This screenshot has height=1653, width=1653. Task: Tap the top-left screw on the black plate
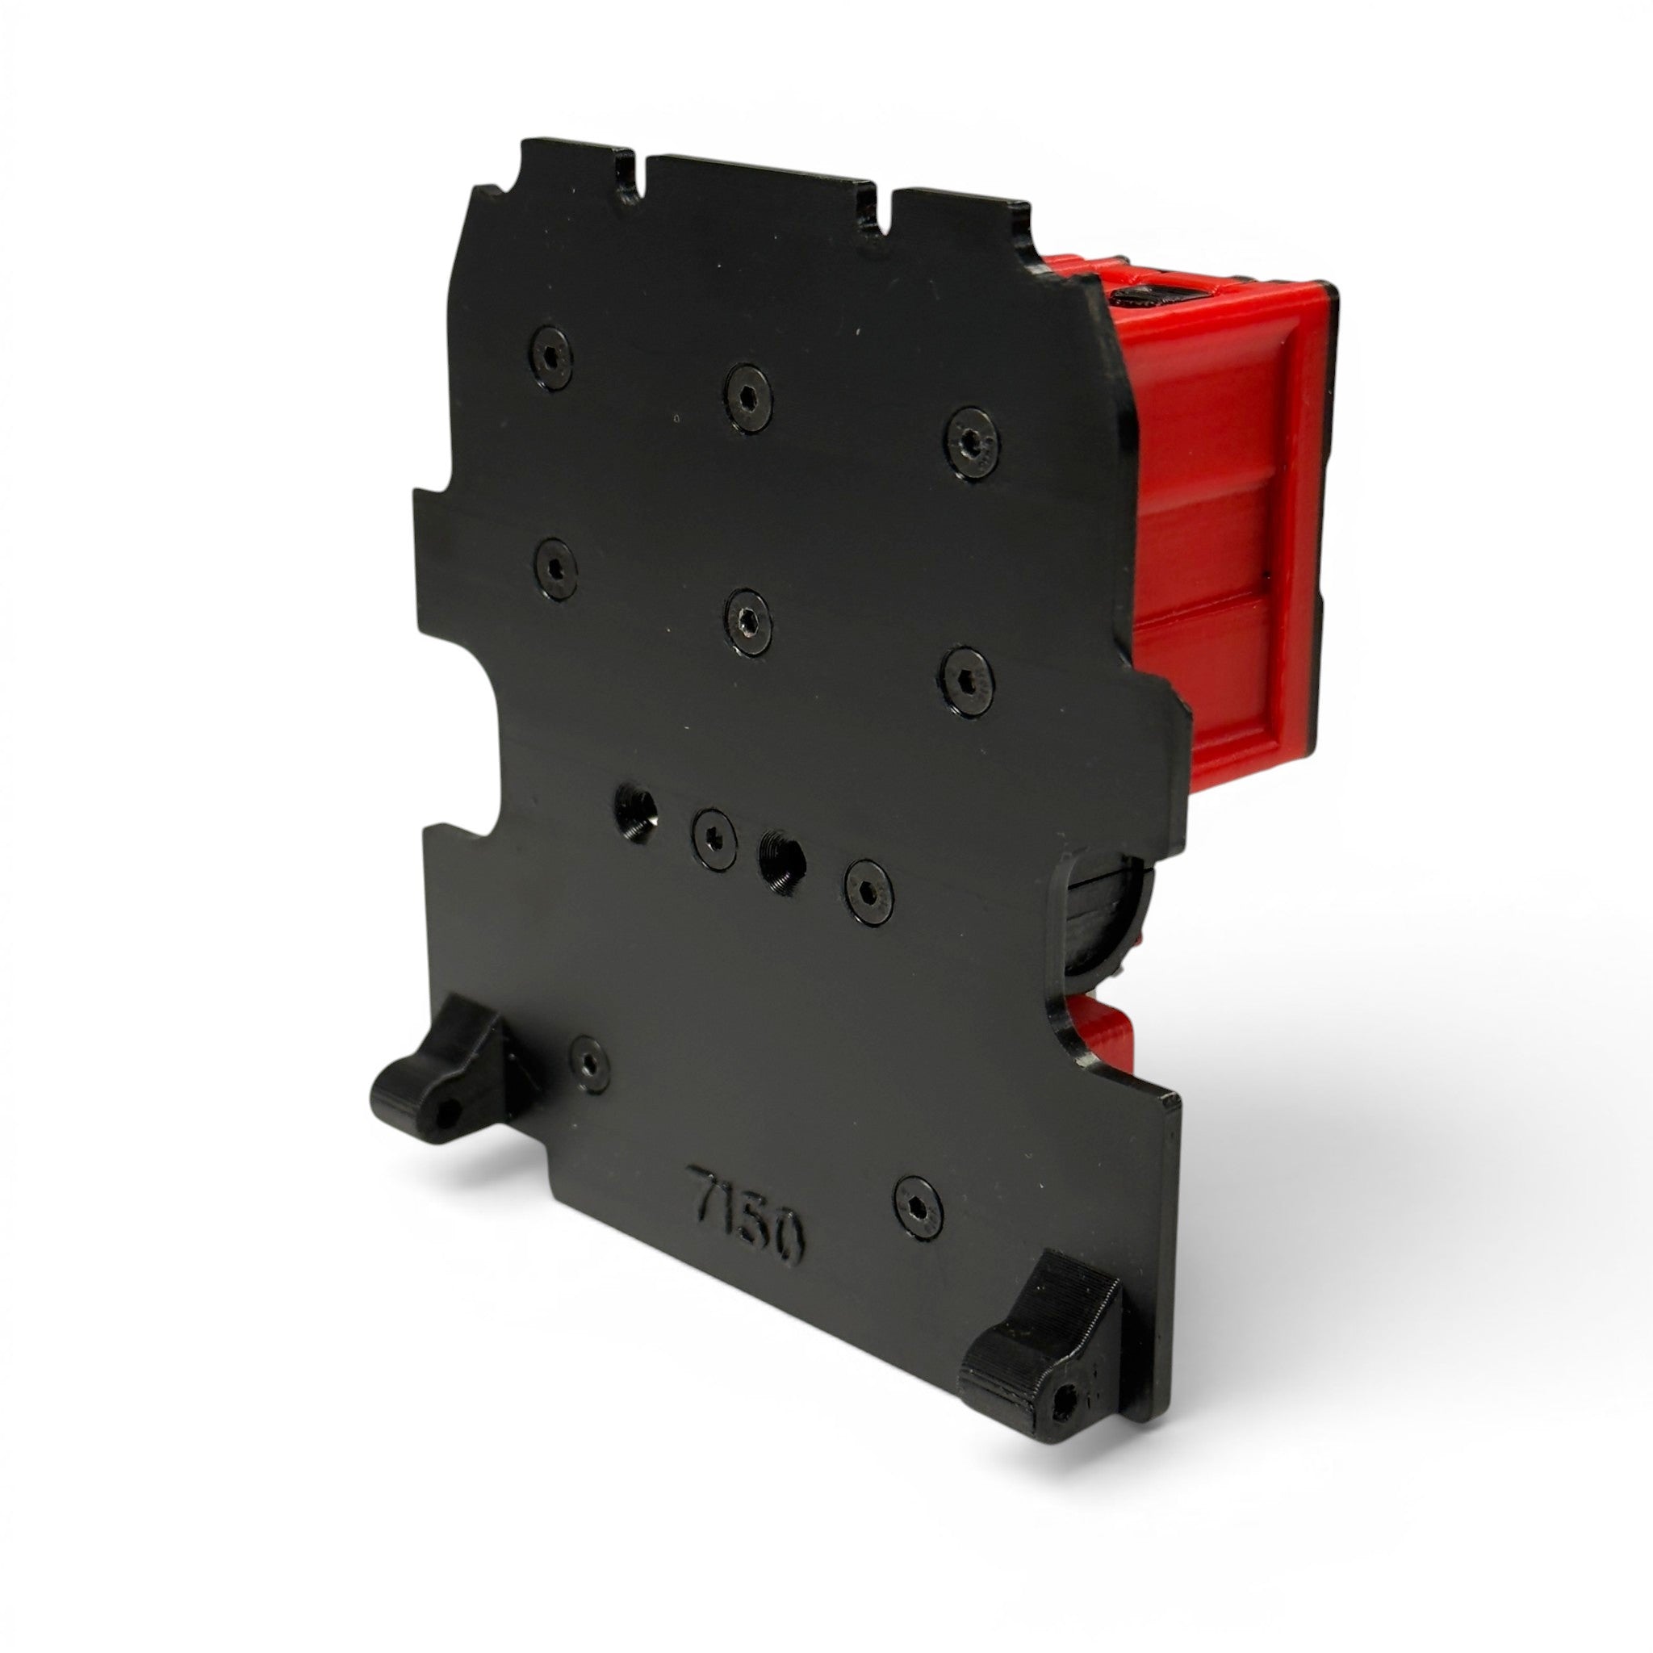pos(551,357)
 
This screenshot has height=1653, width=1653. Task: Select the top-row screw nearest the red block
pos(972,442)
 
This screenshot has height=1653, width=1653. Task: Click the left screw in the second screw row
pos(554,568)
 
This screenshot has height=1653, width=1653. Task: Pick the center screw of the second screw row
pos(747,622)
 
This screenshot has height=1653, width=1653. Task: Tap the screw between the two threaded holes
pos(714,838)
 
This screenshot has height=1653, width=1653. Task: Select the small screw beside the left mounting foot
pos(589,1064)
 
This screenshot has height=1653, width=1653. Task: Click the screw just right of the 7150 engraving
pos(918,1208)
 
